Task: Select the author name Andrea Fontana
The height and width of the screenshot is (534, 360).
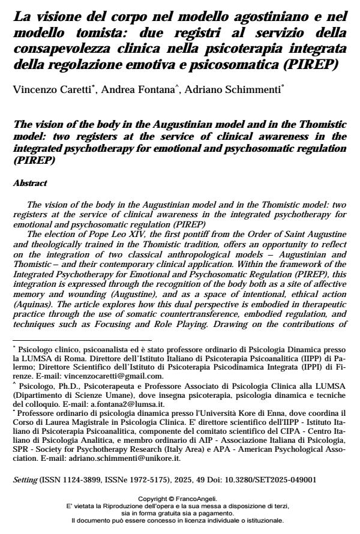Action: [x=125, y=91]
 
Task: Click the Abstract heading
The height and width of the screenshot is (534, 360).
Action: [x=30, y=183]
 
